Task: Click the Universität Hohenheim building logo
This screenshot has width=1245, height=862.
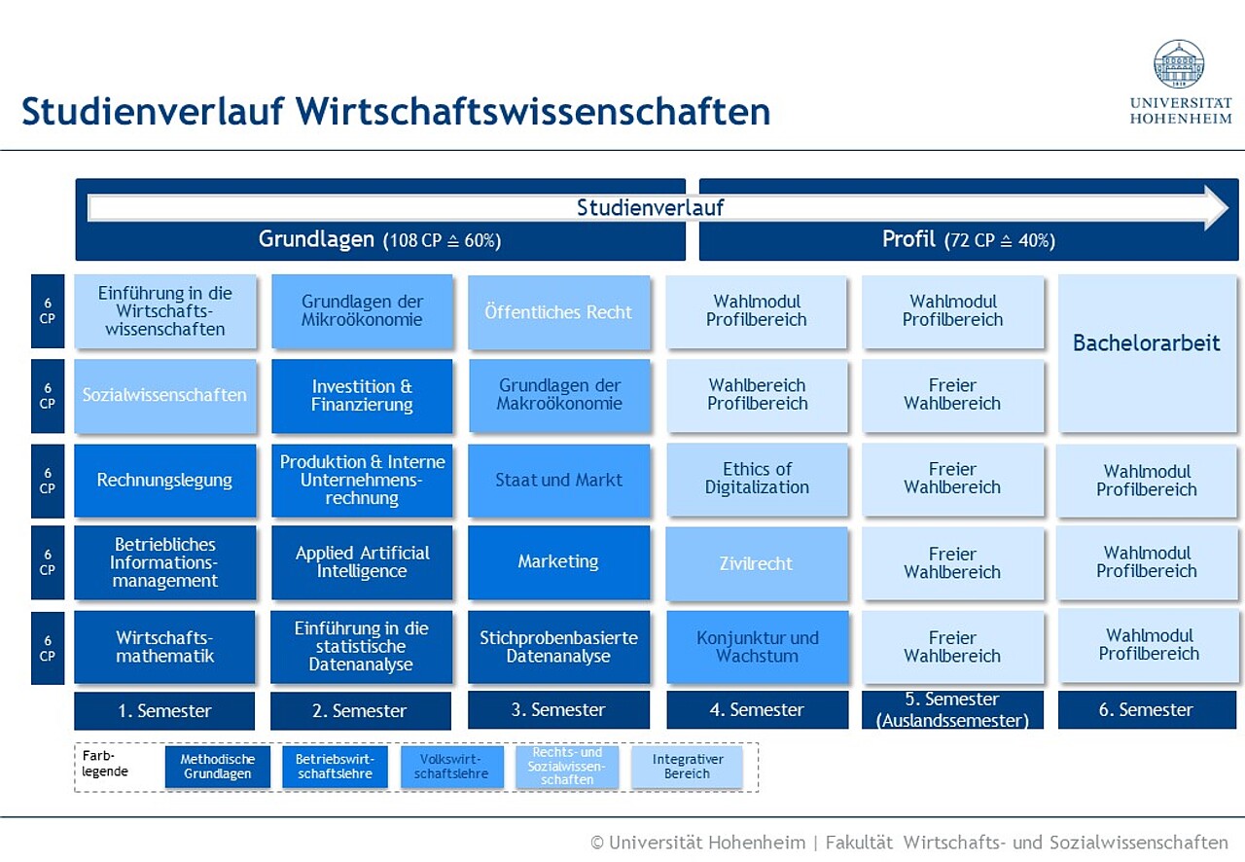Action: pyautogui.click(x=1179, y=63)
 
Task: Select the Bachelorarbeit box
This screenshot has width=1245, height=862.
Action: pyautogui.click(x=1147, y=353)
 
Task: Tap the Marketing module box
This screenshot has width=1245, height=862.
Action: pyautogui.click(x=558, y=562)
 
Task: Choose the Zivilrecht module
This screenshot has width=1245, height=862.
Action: pyautogui.click(x=757, y=563)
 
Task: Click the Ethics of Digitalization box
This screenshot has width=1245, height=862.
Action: pyautogui.click(x=757, y=479)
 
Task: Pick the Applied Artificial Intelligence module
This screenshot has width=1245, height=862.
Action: pyautogui.click(x=362, y=562)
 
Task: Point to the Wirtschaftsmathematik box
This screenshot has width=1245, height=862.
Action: pyautogui.click(x=164, y=647)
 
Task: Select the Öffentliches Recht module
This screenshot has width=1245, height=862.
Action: pyautogui.click(x=558, y=312)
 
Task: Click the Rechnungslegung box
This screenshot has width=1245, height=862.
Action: pyautogui.click(x=164, y=480)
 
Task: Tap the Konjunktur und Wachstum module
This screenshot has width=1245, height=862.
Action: pyautogui.click(x=758, y=647)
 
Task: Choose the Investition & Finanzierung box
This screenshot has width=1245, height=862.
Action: pyautogui.click(x=362, y=395)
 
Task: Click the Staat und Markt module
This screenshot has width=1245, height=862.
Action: pyautogui.click(x=558, y=480)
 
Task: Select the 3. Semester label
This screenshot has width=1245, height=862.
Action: pyautogui.click(x=558, y=710)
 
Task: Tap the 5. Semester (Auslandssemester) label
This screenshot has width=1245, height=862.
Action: pyautogui.click(x=952, y=710)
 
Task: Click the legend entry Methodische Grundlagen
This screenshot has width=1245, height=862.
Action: pyautogui.click(x=217, y=767)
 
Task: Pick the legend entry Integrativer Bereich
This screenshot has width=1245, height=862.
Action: pyautogui.click(x=687, y=767)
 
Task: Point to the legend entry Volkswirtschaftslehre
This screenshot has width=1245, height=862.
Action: pyautogui.click(x=452, y=767)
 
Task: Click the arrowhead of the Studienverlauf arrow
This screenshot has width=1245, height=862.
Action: pyautogui.click(x=1217, y=208)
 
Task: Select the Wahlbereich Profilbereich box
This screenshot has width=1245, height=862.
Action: pyautogui.click(x=757, y=395)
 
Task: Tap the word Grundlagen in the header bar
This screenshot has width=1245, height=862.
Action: pyautogui.click(x=316, y=239)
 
